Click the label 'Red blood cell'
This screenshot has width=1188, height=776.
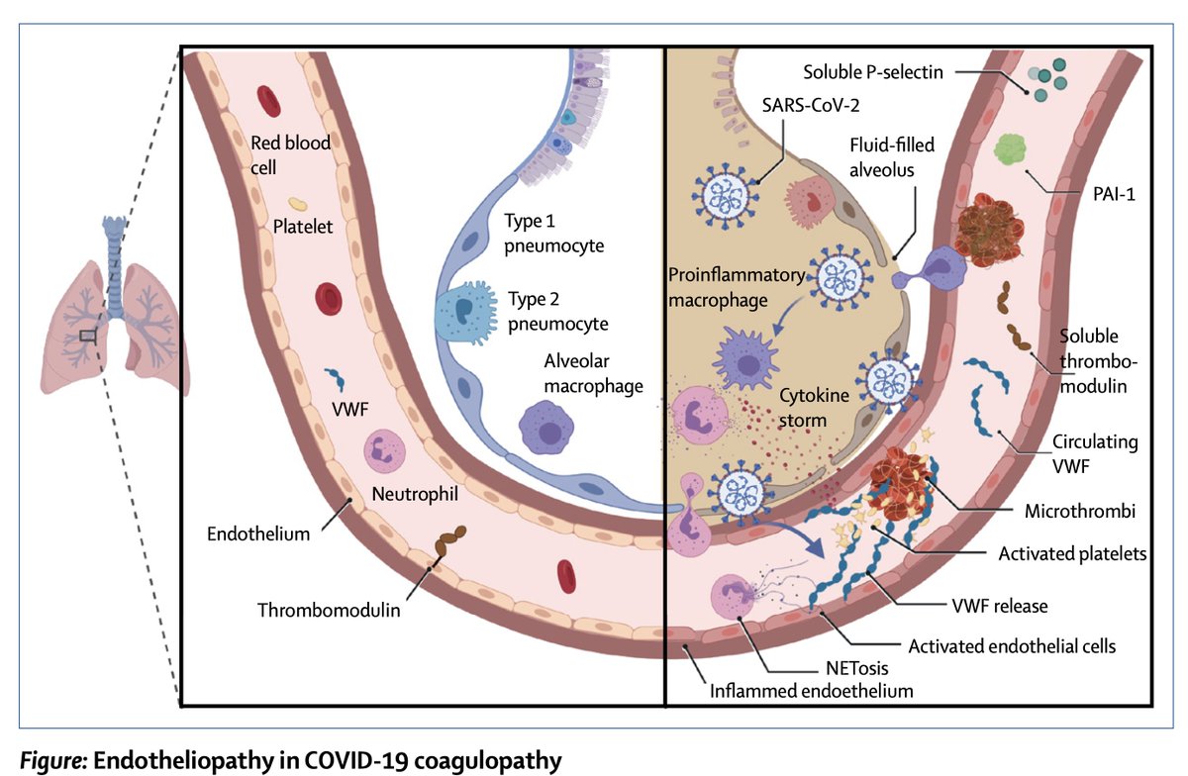(290, 153)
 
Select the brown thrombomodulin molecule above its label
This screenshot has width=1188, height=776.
(452, 543)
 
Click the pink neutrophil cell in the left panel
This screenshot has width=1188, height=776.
(383, 451)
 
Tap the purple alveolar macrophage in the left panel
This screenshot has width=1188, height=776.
(546, 426)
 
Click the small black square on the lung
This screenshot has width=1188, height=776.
(88, 336)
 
